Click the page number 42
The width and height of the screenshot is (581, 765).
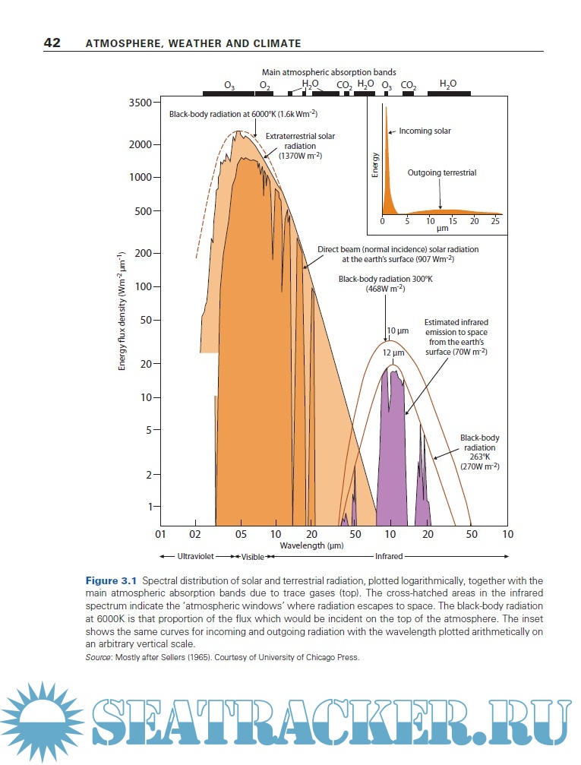pos(52,43)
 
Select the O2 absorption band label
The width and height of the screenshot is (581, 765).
pos(265,86)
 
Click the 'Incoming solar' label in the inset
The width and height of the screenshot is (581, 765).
pos(425,131)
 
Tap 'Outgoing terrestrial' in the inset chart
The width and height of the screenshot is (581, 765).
pos(441,173)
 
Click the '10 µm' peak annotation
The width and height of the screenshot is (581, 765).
pos(398,331)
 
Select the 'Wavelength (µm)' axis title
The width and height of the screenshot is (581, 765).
pos(311,545)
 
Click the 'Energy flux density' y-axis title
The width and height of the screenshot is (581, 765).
pos(122,312)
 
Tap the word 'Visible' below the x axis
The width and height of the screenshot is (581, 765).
pos(252,557)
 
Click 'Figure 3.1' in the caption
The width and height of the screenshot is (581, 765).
pos(112,581)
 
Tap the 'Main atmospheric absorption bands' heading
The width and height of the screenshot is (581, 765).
pos(329,72)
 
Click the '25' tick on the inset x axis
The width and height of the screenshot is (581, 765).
pos(495,221)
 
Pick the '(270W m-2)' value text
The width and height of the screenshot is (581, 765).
pos(479,466)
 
